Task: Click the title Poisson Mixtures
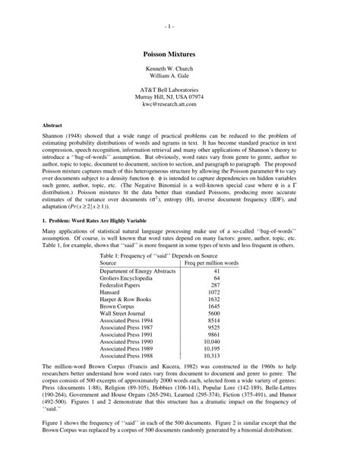pyautogui.click(x=179, y=55)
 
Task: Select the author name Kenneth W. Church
pyautogui.click(x=179, y=70)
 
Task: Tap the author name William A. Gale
pyautogui.click(x=179, y=78)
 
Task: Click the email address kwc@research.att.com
pyautogui.click(x=179, y=104)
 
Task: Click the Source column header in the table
pyautogui.click(x=111, y=263)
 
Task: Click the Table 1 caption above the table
pyautogui.click(x=179, y=255)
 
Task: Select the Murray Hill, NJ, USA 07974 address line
pyautogui.click(x=179, y=97)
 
